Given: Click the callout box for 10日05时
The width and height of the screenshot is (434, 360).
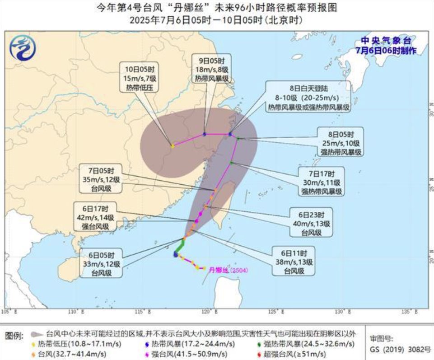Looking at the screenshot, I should (140, 78).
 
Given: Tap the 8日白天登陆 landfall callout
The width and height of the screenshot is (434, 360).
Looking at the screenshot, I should (309, 96).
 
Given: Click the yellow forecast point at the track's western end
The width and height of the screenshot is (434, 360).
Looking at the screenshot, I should (173, 145).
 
